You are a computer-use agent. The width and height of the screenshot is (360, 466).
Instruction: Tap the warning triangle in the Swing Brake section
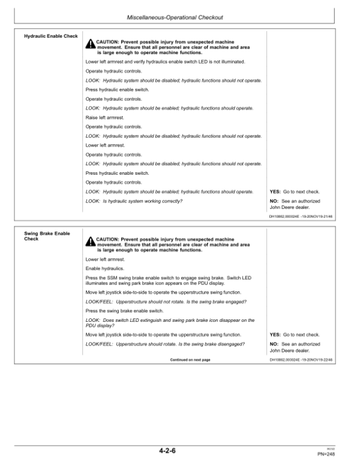[x=91, y=241]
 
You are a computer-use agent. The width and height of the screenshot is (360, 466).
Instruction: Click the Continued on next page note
[x=191, y=360]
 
